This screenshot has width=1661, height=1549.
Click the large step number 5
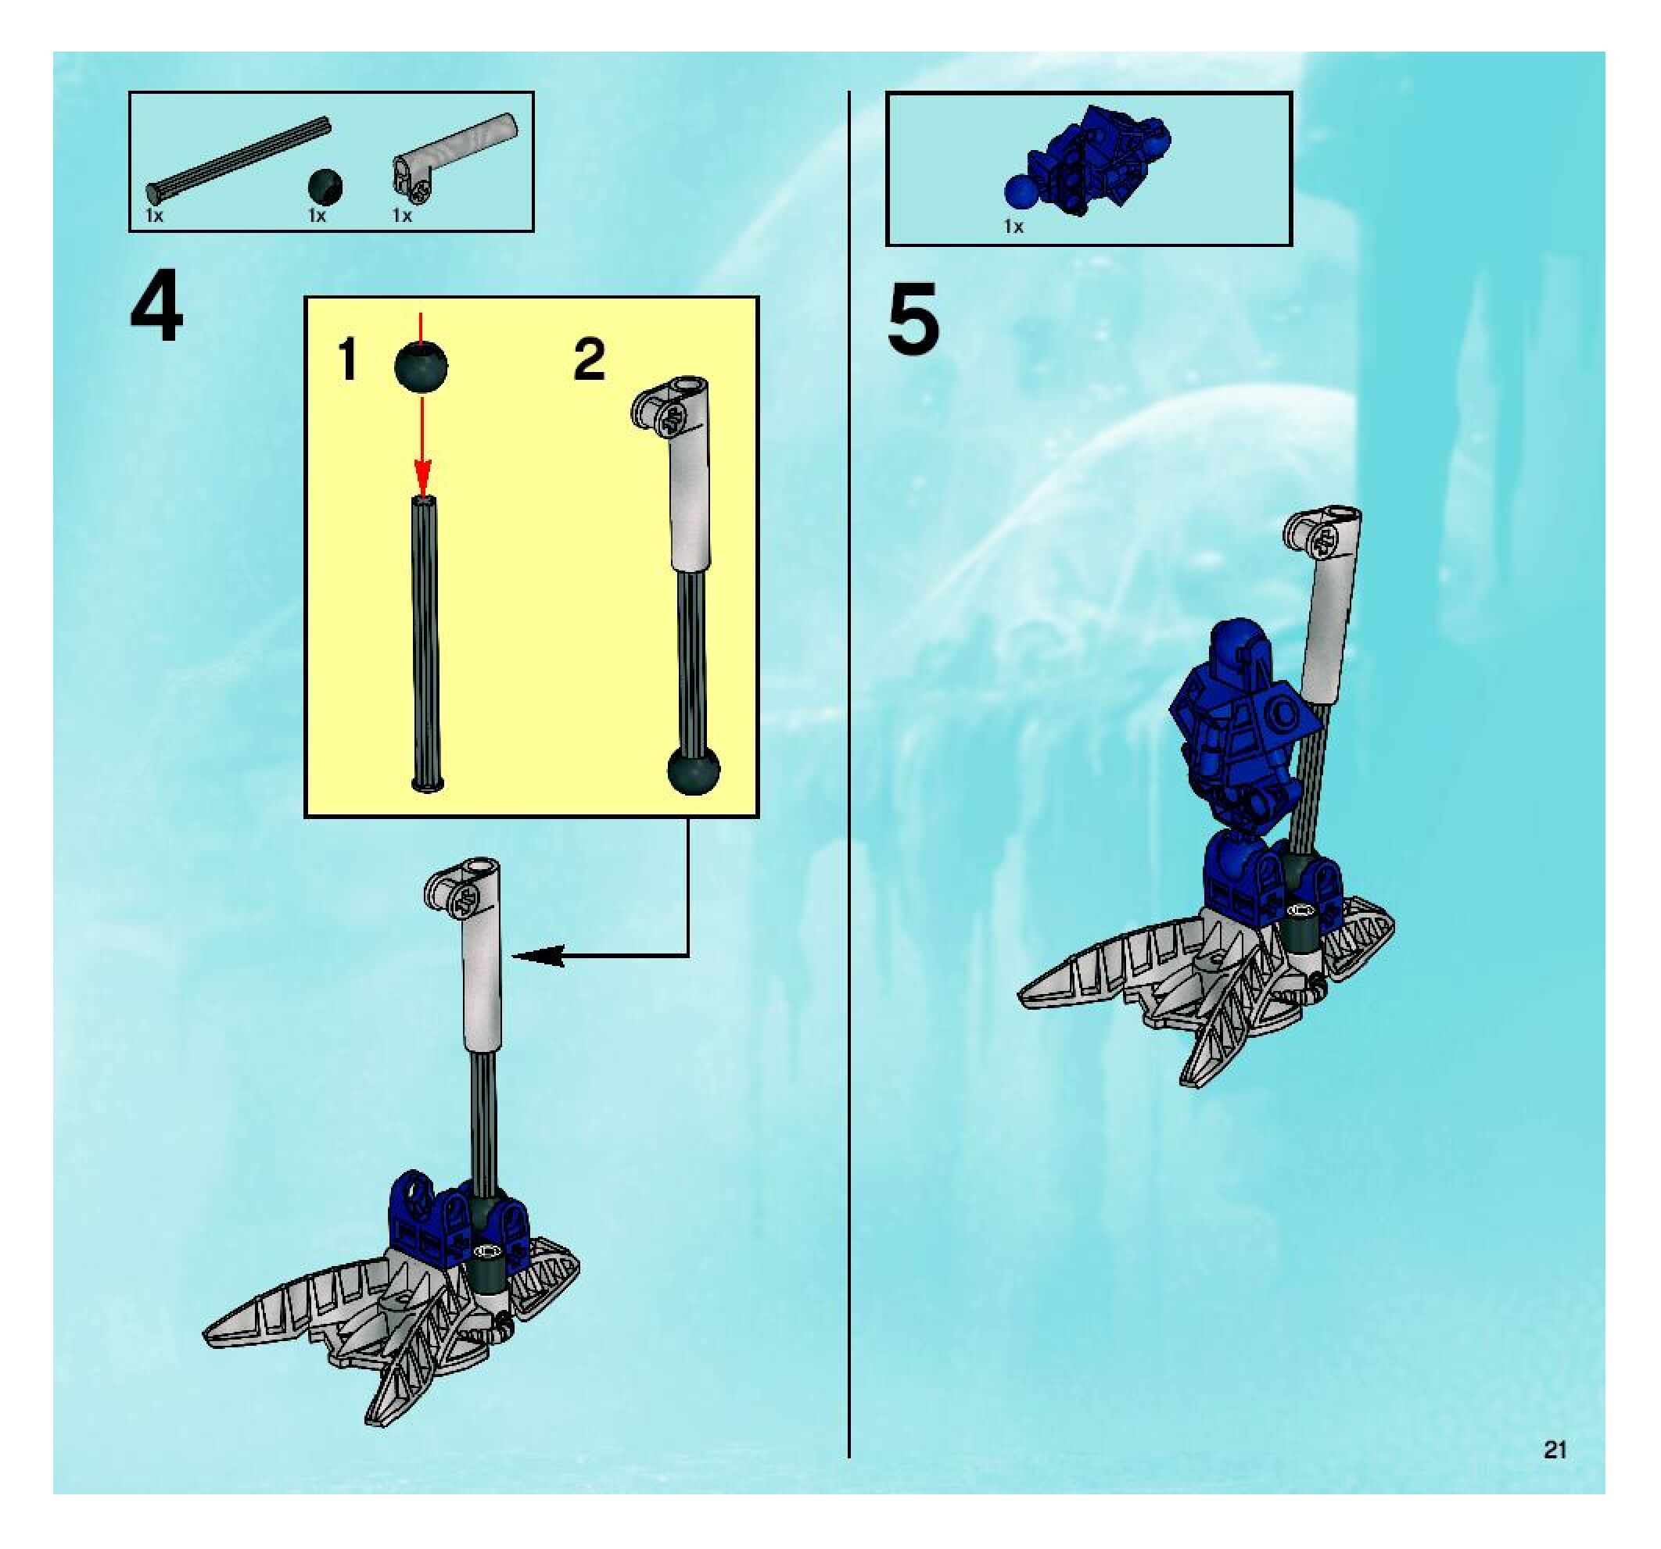click(913, 319)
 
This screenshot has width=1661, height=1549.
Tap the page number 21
click(1555, 1451)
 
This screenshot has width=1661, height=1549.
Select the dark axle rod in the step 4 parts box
click(238, 159)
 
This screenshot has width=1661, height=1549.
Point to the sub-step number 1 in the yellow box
click(347, 360)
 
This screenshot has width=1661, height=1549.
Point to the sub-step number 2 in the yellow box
click(589, 360)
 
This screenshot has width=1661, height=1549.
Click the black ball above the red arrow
click(421, 367)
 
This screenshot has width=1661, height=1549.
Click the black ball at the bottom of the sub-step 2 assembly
click(694, 769)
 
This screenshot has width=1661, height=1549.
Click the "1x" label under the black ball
click(317, 216)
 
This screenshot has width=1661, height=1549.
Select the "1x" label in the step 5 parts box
click(1013, 227)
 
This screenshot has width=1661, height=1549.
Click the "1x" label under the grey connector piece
click(403, 216)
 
